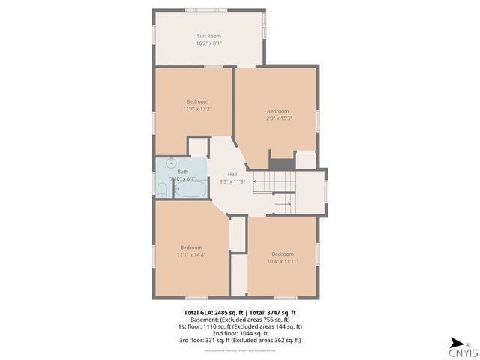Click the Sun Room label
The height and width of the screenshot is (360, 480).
pos(209,36)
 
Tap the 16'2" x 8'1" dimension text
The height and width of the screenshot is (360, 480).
pos(209,43)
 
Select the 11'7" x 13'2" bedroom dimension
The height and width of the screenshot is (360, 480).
pos(197,109)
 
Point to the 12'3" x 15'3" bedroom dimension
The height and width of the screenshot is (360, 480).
pos(277,118)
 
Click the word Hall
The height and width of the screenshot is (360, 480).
pos(232,174)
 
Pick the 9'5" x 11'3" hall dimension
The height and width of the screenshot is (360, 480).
pos(232,181)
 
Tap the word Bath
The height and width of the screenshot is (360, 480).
pos(183,172)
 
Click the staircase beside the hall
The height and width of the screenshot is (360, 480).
pos(274,181)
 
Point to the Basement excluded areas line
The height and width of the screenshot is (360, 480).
pos(241,319)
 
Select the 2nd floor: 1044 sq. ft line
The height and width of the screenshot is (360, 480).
pos(241,333)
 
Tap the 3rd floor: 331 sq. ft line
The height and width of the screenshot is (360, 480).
pos(241,340)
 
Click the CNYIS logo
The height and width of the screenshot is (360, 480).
pos(459,350)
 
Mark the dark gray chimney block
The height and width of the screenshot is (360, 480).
pos(281,163)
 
